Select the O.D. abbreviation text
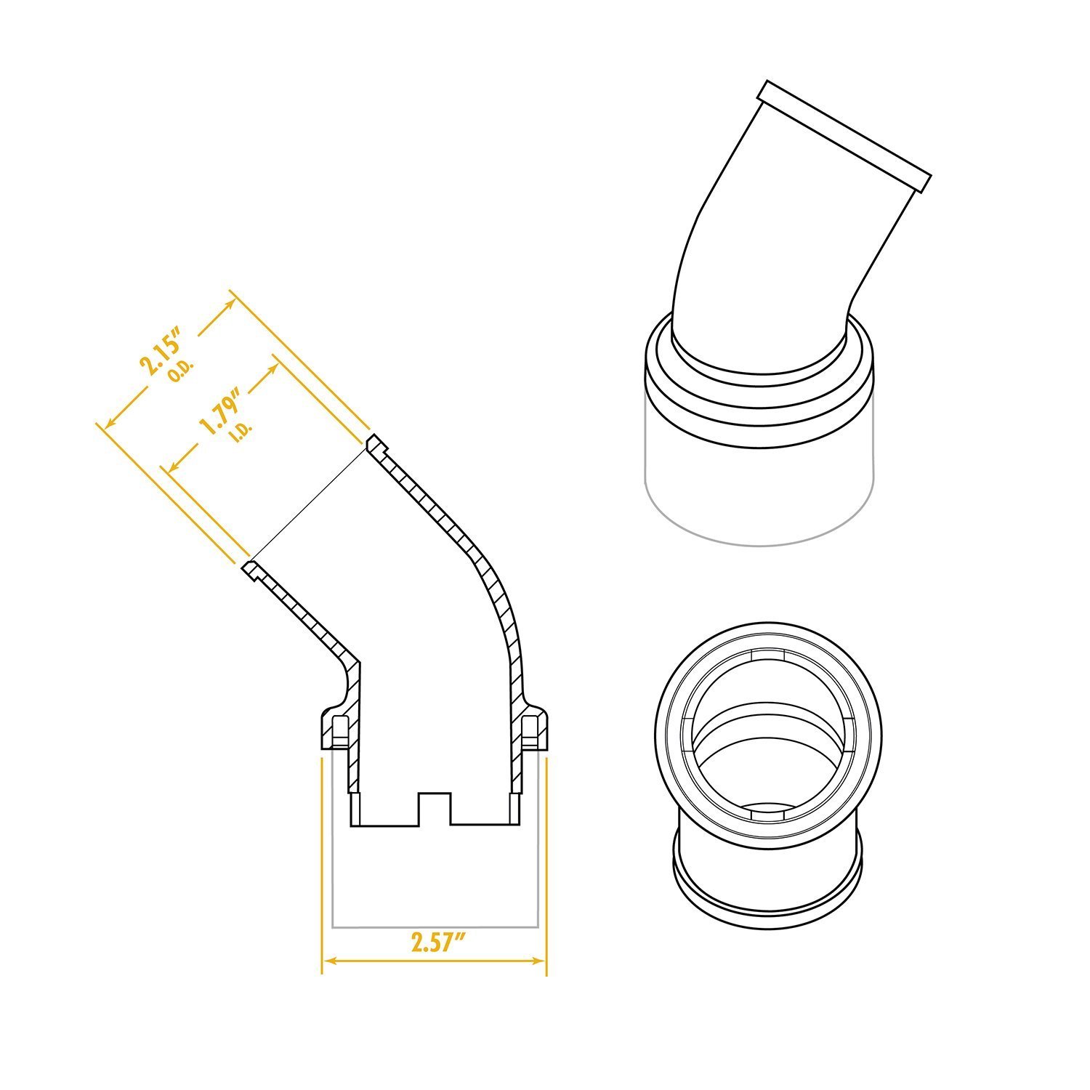[179, 372]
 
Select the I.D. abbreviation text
[241, 430]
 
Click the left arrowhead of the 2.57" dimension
[327, 961]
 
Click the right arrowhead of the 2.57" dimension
[541, 961]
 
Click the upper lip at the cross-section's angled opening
[375, 443]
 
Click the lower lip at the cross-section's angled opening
[251, 569]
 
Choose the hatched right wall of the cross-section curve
[501, 603]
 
